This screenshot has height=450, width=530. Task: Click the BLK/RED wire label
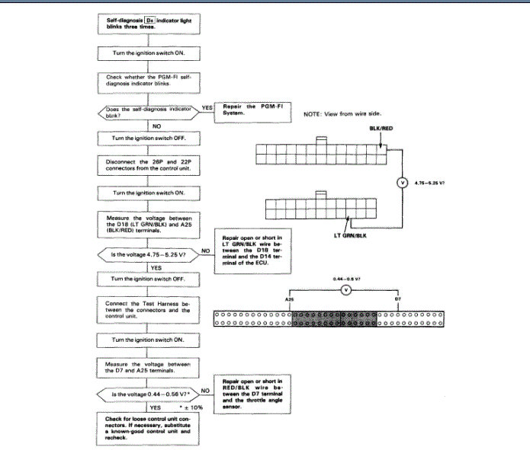[378, 129]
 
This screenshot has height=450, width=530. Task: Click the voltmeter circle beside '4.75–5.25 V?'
[402, 183]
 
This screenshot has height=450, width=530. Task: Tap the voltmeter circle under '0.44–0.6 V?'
[345, 289]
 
